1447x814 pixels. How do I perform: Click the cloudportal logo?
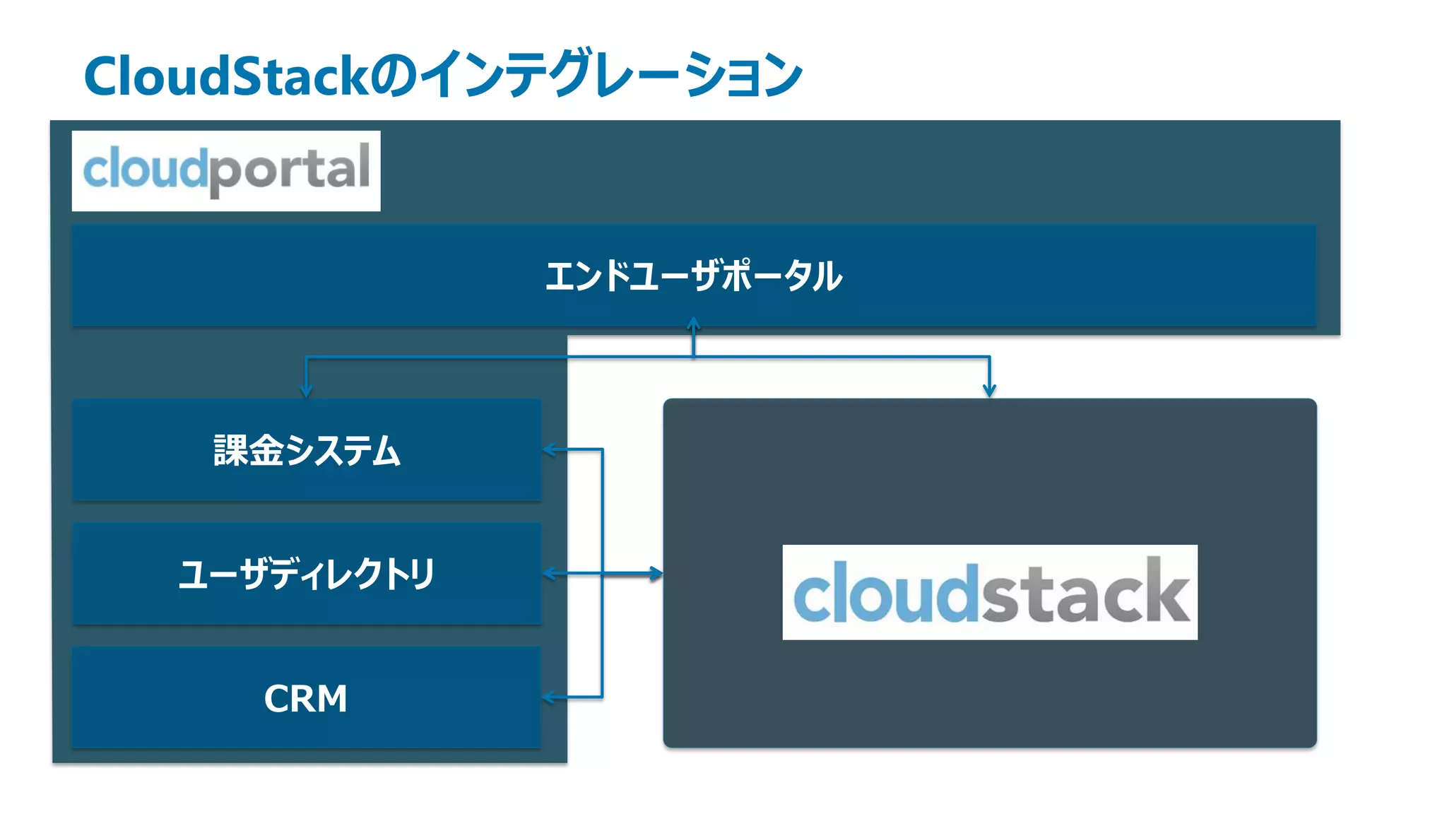[x=226, y=170]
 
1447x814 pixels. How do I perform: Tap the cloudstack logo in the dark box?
[x=989, y=592]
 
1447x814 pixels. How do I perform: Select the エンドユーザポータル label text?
[x=694, y=276]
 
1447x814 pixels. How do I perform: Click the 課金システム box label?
[x=307, y=450]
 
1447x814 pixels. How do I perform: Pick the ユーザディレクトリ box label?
[x=307, y=574]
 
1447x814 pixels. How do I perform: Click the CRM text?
[x=305, y=698]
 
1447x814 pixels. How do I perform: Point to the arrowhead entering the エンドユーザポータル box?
[x=694, y=323]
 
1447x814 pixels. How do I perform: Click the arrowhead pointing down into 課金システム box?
[x=306, y=391]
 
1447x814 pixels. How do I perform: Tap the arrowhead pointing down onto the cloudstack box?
[x=989, y=391]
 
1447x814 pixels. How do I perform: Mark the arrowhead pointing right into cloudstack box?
[x=657, y=574]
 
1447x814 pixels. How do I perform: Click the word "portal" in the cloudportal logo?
[x=290, y=170]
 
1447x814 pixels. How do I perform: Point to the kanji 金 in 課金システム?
[x=266, y=450]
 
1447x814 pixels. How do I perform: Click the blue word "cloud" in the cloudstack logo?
[x=887, y=594]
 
